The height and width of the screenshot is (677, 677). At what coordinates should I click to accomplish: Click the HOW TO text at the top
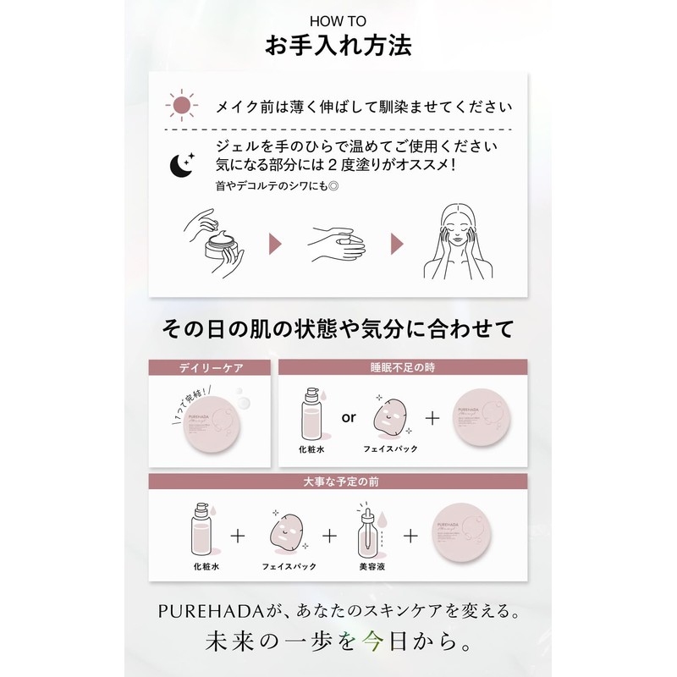pos(338,20)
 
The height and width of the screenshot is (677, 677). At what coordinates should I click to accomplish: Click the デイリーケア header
pos(209,368)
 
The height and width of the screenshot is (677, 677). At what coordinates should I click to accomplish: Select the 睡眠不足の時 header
pos(402,368)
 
